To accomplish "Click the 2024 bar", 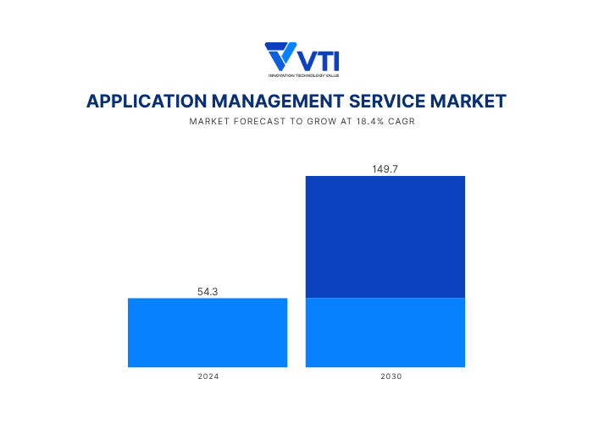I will pyautogui.click(x=208, y=332).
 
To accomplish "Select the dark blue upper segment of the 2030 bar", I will pyautogui.click(x=385, y=237).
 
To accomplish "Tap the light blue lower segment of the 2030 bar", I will pyautogui.click(x=385, y=332).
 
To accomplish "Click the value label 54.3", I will pyautogui.click(x=208, y=291).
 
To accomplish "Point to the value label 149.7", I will pyautogui.click(x=385, y=169).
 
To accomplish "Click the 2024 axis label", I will pyautogui.click(x=208, y=376).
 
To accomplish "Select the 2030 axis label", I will pyautogui.click(x=385, y=376).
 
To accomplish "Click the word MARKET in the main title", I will pyautogui.click(x=468, y=102).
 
